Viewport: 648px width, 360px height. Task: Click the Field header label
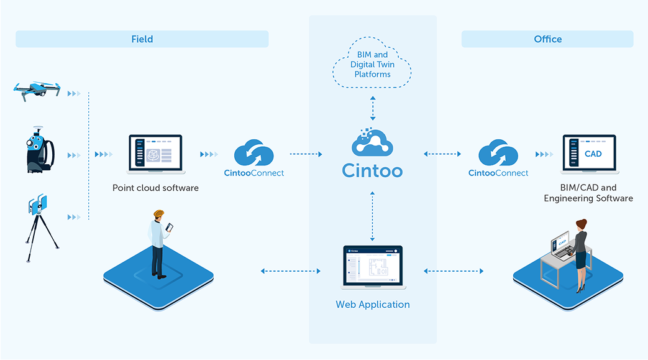pyautogui.click(x=142, y=39)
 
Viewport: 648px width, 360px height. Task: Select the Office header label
pyautogui.click(x=547, y=39)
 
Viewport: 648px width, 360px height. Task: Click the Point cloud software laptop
pyautogui.click(x=155, y=154)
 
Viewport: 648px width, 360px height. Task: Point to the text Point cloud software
pyautogui.click(x=155, y=187)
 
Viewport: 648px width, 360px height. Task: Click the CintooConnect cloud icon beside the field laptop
pyautogui.click(x=253, y=154)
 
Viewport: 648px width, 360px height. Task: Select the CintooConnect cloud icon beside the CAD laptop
pyautogui.click(x=498, y=154)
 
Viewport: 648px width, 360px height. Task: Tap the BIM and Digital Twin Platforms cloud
pyautogui.click(x=372, y=65)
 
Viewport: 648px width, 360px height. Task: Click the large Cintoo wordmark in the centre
pyautogui.click(x=372, y=170)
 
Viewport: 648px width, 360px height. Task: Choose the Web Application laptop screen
pyautogui.click(x=373, y=266)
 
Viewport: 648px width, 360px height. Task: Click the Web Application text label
pyautogui.click(x=373, y=305)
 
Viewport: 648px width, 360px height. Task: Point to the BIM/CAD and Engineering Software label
pyautogui.click(x=588, y=193)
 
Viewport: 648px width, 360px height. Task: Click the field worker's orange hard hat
pyautogui.click(x=159, y=213)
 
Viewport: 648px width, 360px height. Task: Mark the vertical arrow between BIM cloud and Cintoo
pyautogui.click(x=372, y=109)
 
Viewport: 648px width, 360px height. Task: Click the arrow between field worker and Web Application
pyautogui.click(x=290, y=271)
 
